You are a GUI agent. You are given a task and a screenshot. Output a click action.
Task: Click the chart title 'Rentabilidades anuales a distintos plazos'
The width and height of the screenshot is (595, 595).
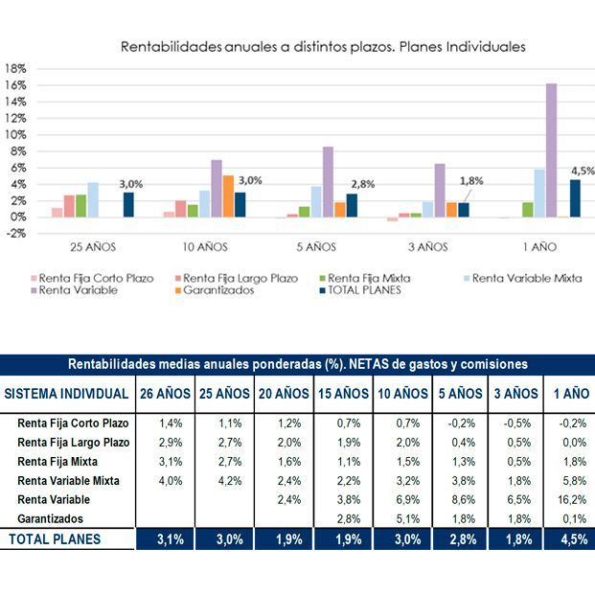(322, 46)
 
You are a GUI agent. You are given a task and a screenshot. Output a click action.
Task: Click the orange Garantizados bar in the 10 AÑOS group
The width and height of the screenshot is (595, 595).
(228, 196)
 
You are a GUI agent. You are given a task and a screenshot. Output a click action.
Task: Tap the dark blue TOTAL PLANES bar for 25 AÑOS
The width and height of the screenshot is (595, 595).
(128, 205)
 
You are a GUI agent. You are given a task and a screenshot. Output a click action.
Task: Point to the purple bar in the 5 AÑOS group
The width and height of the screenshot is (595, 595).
(328, 182)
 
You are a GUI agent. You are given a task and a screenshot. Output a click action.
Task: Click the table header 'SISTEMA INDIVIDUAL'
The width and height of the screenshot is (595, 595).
(67, 394)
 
